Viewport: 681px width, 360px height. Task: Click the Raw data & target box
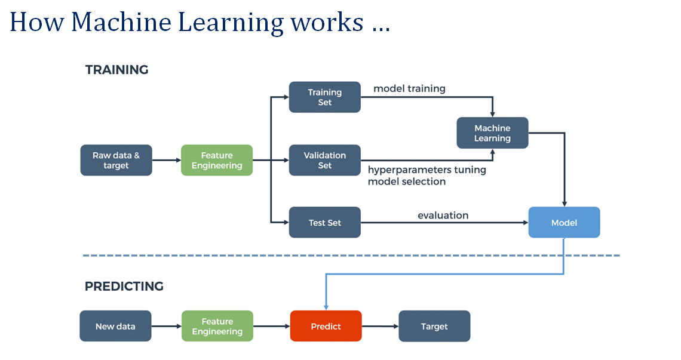(116, 160)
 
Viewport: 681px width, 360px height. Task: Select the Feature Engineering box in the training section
(217, 160)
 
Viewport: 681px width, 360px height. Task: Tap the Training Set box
(324, 97)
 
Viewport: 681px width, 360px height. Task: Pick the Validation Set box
(324, 160)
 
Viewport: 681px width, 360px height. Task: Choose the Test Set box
(324, 222)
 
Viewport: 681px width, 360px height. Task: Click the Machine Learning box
(492, 133)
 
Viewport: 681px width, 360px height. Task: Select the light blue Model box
(564, 222)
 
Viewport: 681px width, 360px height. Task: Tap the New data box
(115, 326)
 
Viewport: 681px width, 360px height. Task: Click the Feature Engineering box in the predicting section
(217, 326)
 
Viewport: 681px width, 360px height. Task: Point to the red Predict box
(326, 326)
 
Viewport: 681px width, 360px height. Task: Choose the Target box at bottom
(434, 326)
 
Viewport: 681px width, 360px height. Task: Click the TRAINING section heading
(116, 70)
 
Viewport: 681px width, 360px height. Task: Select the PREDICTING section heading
(124, 287)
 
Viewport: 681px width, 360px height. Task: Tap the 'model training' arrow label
(409, 88)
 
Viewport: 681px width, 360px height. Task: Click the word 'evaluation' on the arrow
(443, 215)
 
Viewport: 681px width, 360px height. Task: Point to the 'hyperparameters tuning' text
(427, 170)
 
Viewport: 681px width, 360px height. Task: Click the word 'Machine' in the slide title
(118, 22)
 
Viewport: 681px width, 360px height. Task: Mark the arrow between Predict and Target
(380, 326)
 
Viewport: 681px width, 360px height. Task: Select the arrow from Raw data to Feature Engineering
(167, 160)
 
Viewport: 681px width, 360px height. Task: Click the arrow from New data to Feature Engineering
(166, 326)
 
